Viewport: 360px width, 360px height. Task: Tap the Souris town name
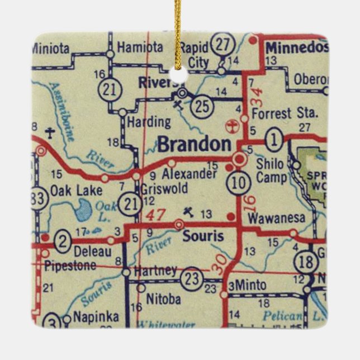tap(203, 236)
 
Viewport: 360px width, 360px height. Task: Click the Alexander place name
tap(190, 174)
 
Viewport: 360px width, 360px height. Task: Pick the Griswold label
tap(164, 188)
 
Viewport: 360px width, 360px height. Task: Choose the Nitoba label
tap(163, 299)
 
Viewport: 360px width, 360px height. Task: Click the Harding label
tap(149, 121)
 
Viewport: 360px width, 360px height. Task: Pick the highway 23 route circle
tap(193, 277)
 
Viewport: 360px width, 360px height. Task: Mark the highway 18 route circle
tap(305, 262)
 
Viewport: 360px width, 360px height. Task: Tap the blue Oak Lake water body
tap(82, 210)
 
